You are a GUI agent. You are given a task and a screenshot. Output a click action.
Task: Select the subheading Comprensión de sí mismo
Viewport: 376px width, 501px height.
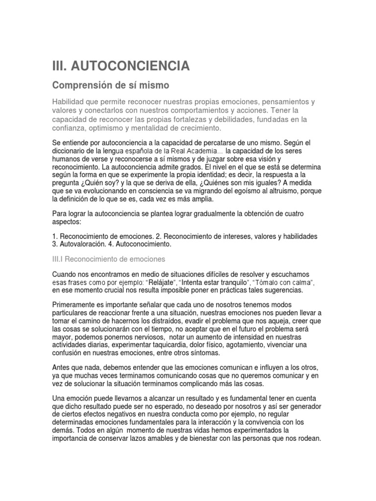(x=111, y=86)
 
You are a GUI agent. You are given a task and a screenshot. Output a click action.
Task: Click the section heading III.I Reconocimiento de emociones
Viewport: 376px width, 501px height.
(x=108, y=259)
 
